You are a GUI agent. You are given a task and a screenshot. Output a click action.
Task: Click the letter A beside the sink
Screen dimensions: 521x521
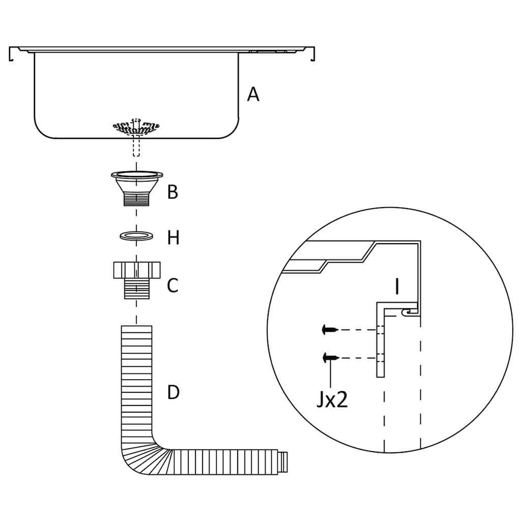pos(253,94)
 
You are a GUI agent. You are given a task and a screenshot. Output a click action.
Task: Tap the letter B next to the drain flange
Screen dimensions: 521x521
pos(173,192)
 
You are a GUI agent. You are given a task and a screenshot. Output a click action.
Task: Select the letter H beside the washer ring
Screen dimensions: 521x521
pos(173,237)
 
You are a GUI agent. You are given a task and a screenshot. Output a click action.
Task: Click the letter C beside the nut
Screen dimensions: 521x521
pos(173,285)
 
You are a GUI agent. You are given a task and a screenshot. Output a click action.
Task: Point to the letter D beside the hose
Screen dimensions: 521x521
pos(173,392)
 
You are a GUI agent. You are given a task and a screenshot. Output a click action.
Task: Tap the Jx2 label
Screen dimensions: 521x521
pos(332,400)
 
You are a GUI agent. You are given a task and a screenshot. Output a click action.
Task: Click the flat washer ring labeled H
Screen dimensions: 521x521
pos(136,236)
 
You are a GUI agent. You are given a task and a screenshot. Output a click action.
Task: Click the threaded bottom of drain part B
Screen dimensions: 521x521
pos(136,199)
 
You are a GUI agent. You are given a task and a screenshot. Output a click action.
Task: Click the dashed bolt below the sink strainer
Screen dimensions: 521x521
pos(136,146)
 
